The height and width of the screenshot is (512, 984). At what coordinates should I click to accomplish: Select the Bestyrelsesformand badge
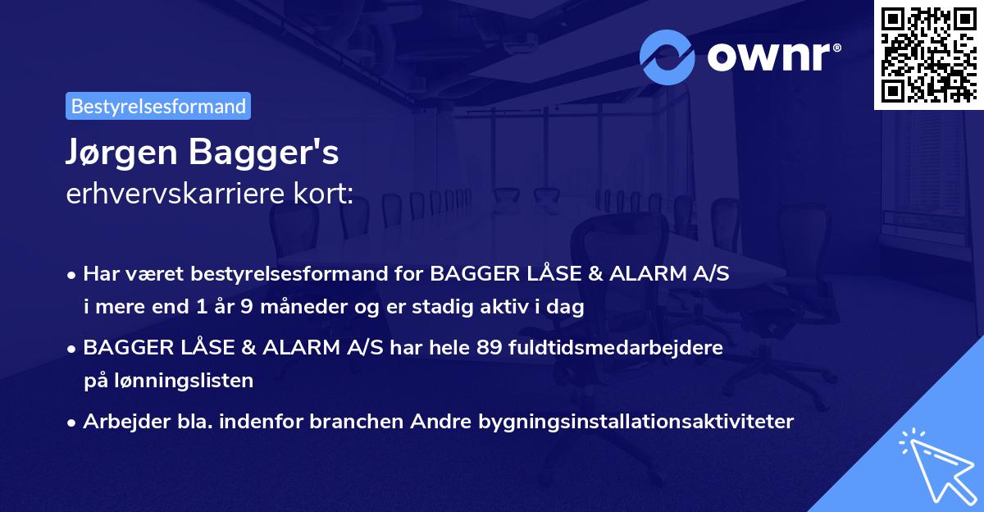tap(158, 106)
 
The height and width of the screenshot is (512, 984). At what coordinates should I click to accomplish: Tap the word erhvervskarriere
tap(178, 194)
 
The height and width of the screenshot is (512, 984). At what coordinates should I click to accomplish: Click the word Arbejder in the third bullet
tap(121, 422)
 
